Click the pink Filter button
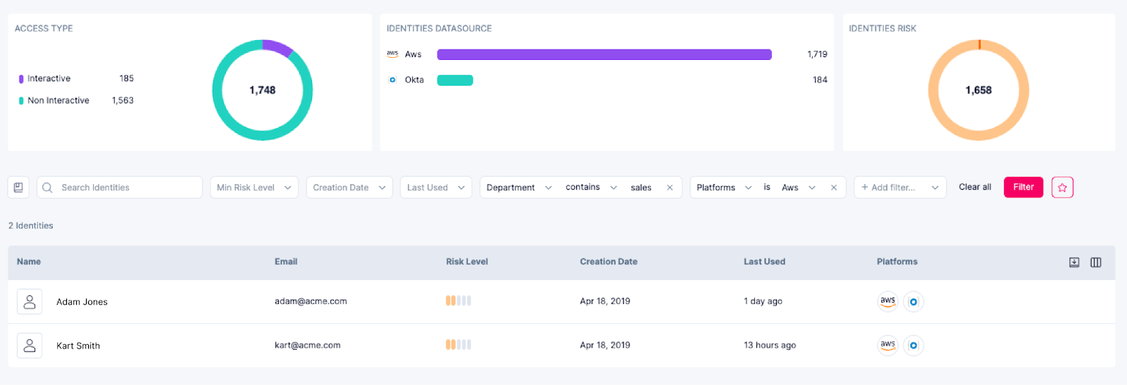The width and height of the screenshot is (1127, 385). [x=1023, y=187]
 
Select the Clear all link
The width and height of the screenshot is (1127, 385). [x=975, y=187]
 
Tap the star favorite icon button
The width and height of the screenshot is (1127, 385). [x=1062, y=188]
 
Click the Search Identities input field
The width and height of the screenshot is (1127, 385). [x=127, y=188]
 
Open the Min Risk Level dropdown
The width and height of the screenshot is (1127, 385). [x=254, y=188]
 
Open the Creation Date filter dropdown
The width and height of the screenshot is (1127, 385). [x=349, y=188]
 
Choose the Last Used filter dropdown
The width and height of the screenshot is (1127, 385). [x=436, y=188]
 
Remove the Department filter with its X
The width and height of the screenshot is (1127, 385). [x=670, y=188]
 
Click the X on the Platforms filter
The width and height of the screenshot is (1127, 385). [x=834, y=188]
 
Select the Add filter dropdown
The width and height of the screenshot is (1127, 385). [x=899, y=188]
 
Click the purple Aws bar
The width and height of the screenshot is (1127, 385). [x=604, y=54]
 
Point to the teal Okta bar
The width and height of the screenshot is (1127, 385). [x=455, y=80]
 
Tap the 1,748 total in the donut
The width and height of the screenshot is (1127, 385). [x=262, y=90]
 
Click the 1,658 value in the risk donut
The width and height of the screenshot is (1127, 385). [x=978, y=90]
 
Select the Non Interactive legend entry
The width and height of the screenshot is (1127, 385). [x=58, y=101]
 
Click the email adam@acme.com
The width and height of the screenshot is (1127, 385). [x=311, y=301]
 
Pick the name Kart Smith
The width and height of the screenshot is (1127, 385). [x=78, y=346]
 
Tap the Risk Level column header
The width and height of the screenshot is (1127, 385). [x=466, y=262]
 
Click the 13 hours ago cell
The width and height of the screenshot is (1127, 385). [x=769, y=346]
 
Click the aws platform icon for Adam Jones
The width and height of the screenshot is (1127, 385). [x=888, y=301]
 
